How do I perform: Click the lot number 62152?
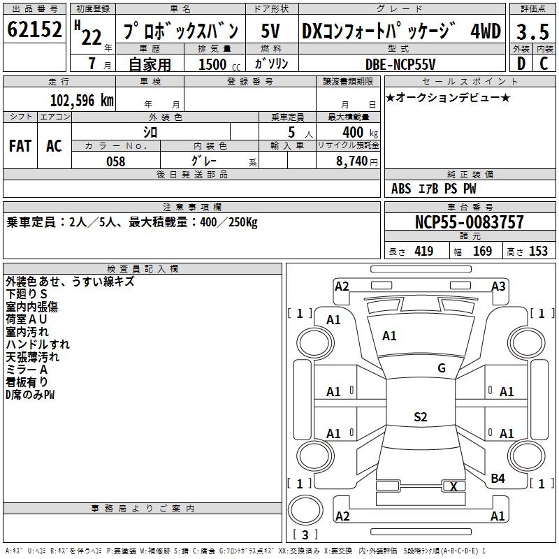click(x=34, y=31)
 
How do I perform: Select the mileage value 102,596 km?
click(x=82, y=100)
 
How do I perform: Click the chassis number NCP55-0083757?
click(x=469, y=222)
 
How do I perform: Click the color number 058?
click(x=115, y=161)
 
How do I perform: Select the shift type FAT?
click(x=20, y=146)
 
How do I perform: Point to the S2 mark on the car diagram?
click(x=420, y=417)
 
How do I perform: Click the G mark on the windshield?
click(x=442, y=368)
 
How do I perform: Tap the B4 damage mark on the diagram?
click(x=498, y=479)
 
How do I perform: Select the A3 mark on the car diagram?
click(x=498, y=286)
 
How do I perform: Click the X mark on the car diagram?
click(x=454, y=487)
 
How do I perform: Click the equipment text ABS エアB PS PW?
click(x=434, y=189)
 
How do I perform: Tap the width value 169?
click(x=482, y=252)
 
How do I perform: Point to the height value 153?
click(x=538, y=252)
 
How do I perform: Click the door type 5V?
click(x=270, y=31)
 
